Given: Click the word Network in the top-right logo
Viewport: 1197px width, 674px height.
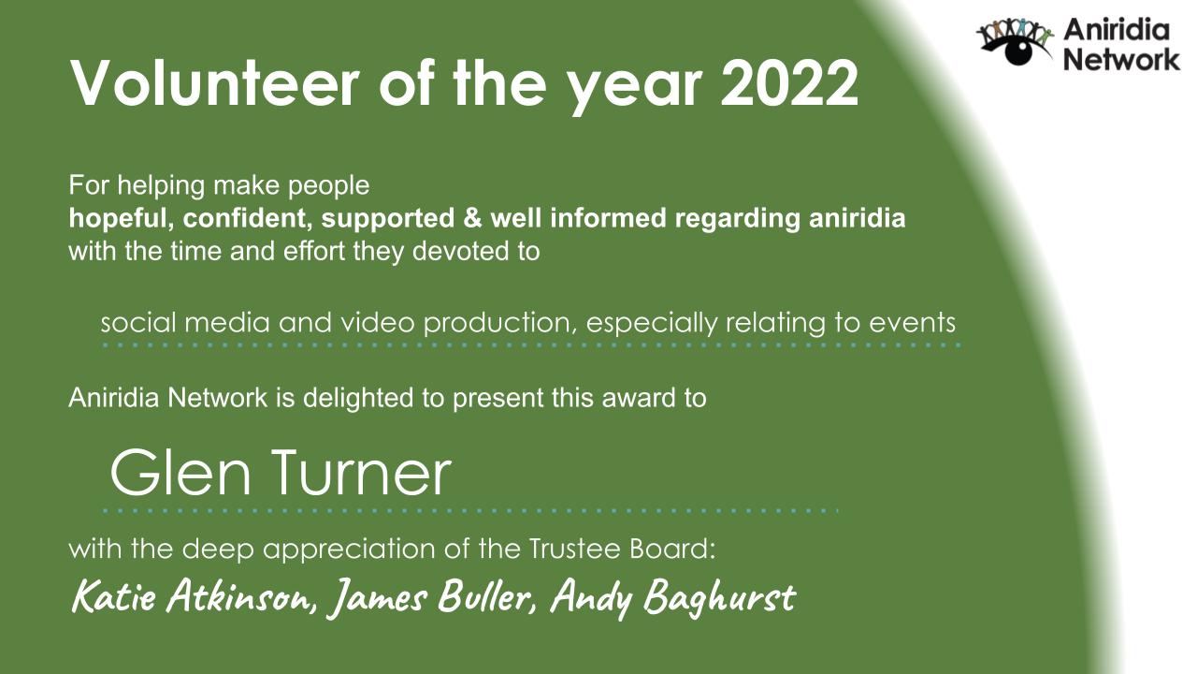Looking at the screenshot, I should [x=1122, y=60].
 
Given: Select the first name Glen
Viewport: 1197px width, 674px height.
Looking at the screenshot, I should [x=181, y=474].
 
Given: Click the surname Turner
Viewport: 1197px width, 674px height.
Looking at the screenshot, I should [x=359, y=474].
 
